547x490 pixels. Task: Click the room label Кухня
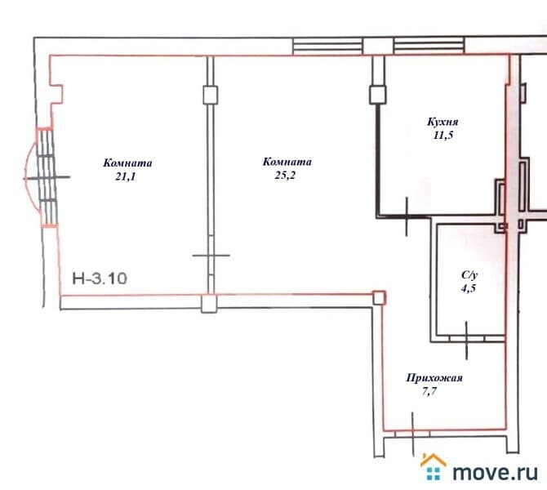pyautogui.click(x=442, y=122)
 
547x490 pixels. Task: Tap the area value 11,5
pyautogui.click(x=443, y=135)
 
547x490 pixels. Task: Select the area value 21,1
pyautogui.click(x=126, y=177)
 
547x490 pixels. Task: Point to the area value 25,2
pyautogui.click(x=285, y=176)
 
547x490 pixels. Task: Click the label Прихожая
pyautogui.click(x=434, y=378)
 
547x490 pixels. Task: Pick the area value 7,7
pyautogui.click(x=429, y=391)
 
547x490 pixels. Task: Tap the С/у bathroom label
pyautogui.click(x=469, y=275)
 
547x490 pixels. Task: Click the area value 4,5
pyautogui.click(x=469, y=288)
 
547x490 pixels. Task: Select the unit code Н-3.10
pyautogui.click(x=100, y=278)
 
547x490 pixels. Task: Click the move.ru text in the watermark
pyautogui.click(x=495, y=473)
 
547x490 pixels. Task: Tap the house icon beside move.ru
pyautogui.click(x=434, y=467)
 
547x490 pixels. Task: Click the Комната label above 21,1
pyautogui.click(x=127, y=163)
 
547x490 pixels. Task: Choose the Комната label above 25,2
pyautogui.click(x=287, y=162)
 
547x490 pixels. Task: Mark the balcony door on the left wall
pyautogui.click(x=47, y=178)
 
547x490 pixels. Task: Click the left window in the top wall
pyautogui.click(x=327, y=47)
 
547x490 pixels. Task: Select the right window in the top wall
pyautogui.click(x=429, y=46)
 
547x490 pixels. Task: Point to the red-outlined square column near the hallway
pyautogui.click(x=379, y=298)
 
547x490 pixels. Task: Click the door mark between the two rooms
pyautogui.click(x=211, y=256)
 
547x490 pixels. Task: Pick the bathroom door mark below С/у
pyautogui.click(x=467, y=339)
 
